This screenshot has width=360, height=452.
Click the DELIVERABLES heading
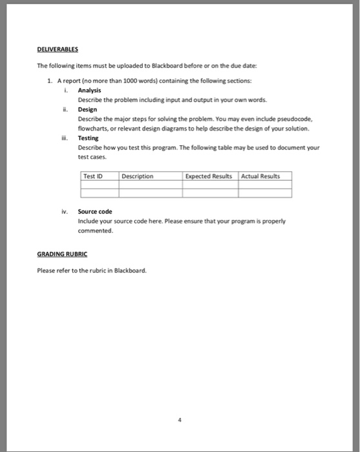click(59, 48)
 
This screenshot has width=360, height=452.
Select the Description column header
click(137, 176)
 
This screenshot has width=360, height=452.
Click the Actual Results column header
click(261, 176)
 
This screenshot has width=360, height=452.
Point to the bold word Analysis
click(89, 91)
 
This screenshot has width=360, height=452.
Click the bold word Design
click(87, 110)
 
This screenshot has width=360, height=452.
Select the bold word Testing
click(89, 138)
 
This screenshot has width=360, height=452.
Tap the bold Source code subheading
click(95, 211)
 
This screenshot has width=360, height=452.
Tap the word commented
click(96, 230)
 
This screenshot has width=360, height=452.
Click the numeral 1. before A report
click(50, 81)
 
